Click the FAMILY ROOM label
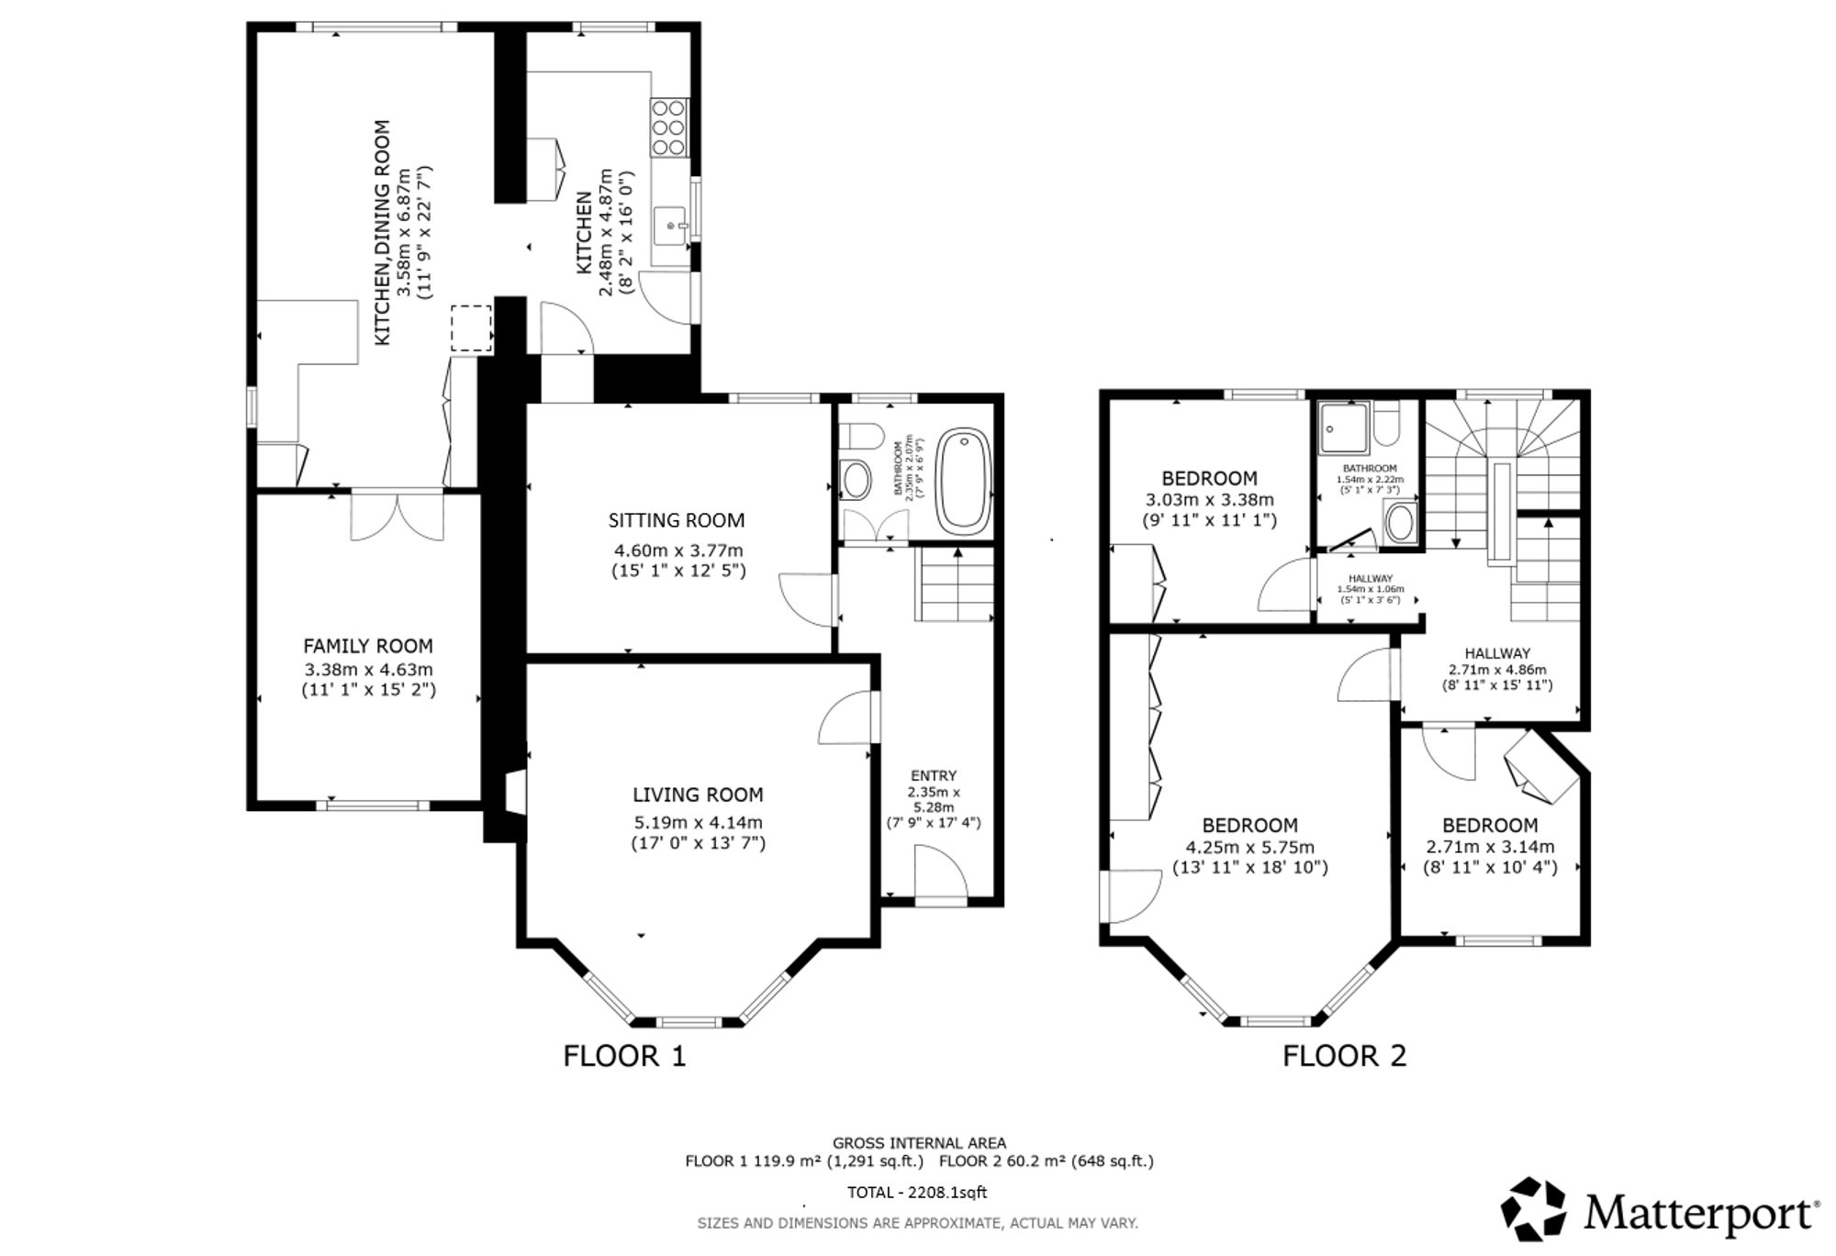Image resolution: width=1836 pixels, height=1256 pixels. tap(368, 646)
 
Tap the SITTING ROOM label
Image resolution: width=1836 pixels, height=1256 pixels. tap(677, 520)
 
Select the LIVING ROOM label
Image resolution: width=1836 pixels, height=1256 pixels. tap(698, 795)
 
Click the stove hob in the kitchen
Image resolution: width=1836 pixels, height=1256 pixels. tap(669, 128)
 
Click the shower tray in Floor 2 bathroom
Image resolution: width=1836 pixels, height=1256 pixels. tap(1344, 428)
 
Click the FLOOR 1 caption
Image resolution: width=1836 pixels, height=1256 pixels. tap(624, 1056)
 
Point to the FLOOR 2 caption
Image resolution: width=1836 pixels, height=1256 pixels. tap(1344, 1056)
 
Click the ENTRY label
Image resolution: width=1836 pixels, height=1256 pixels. tap(934, 775)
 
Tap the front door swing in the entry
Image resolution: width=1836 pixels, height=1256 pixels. tap(941, 875)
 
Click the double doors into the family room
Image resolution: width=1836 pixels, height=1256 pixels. tap(397, 517)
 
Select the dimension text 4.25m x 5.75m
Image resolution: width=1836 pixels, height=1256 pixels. tap(1250, 847)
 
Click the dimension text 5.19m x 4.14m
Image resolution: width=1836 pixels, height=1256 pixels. tap(698, 822)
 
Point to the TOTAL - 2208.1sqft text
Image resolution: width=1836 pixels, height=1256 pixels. tap(917, 1193)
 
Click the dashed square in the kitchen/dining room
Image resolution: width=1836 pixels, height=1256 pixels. tap(472, 328)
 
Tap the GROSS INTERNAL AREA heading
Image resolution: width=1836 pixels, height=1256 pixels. tap(919, 1143)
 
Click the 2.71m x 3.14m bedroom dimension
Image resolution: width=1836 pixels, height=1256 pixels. tap(1490, 847)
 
